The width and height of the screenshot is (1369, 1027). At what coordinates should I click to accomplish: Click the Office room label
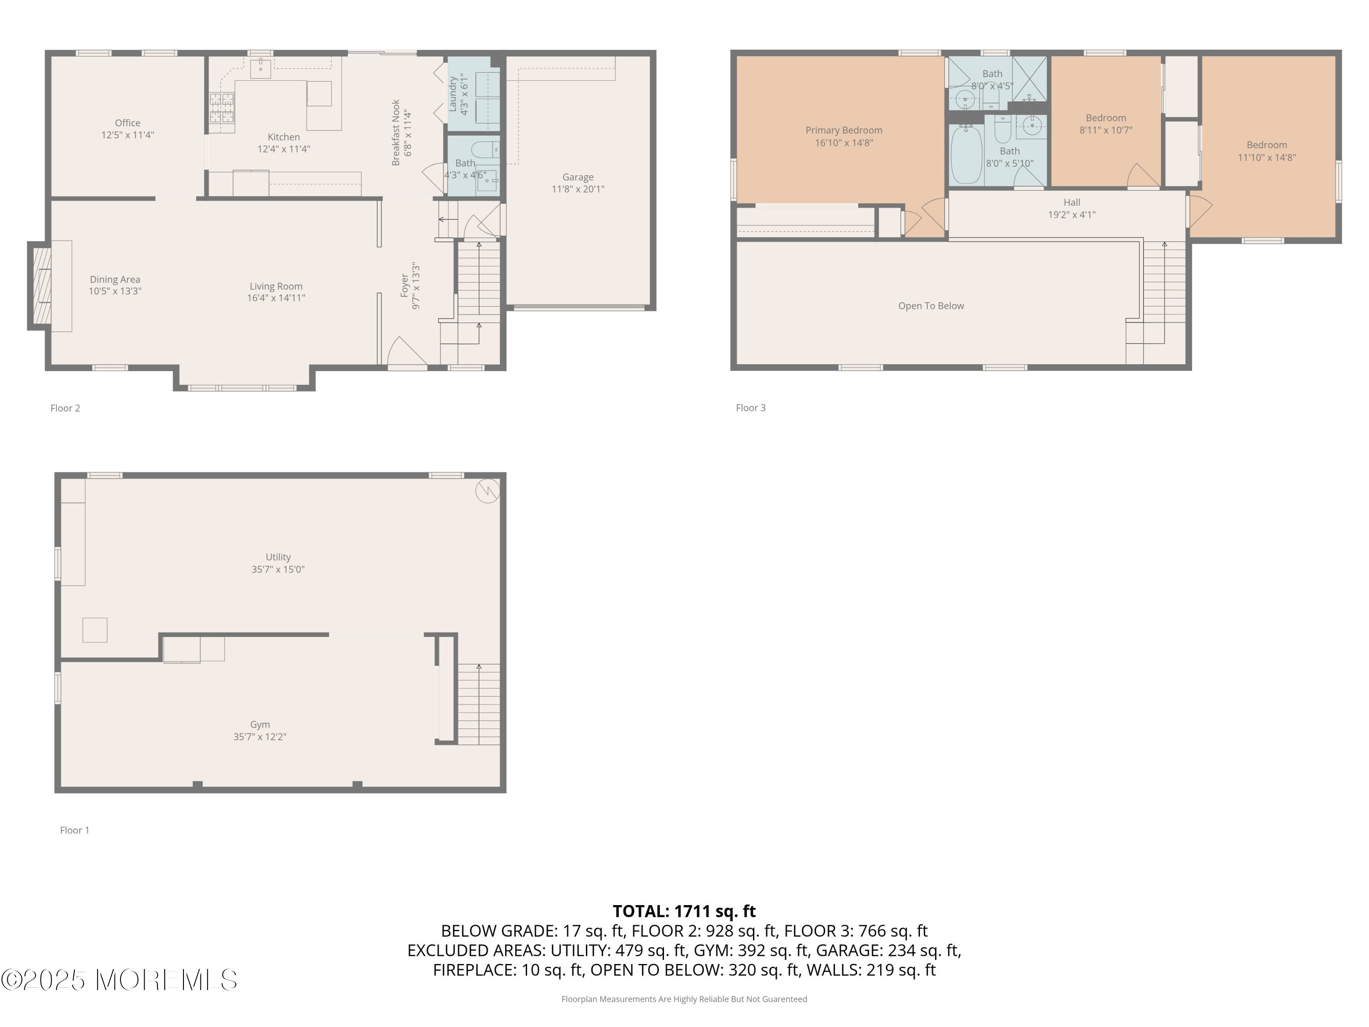click(x=127, y=123)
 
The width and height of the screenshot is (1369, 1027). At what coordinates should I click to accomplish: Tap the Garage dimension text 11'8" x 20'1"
click(x=578, y=189)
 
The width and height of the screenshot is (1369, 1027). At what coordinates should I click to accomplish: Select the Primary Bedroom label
click(x=844, y=130)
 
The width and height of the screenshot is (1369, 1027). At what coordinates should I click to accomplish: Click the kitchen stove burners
click(x=222, y=109)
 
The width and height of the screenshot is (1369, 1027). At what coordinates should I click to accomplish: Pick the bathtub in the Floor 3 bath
click(x=966, y=155)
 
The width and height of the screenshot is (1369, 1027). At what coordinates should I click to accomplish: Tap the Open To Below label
click(x=931, y=306)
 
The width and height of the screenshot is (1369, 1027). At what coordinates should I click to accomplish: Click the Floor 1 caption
click(x=75, y=830)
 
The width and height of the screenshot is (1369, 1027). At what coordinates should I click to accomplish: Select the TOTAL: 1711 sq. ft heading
click(x=684, y=911)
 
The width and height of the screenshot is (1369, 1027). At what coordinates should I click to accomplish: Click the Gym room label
click(x=260, y=725)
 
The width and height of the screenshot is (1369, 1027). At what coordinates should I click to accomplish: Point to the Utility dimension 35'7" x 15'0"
click(x=278, y=570)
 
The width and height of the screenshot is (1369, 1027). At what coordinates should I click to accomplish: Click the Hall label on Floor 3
click(x=1072, y=202)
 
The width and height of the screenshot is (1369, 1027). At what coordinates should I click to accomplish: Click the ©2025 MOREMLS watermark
click(x=119, y=980)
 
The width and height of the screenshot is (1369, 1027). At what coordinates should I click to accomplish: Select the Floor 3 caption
click(x=751, y=408)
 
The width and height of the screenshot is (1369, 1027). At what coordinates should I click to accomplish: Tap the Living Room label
click(x=276, y=287)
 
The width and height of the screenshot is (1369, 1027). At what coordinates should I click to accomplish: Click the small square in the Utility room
click(x=95, y=630)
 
